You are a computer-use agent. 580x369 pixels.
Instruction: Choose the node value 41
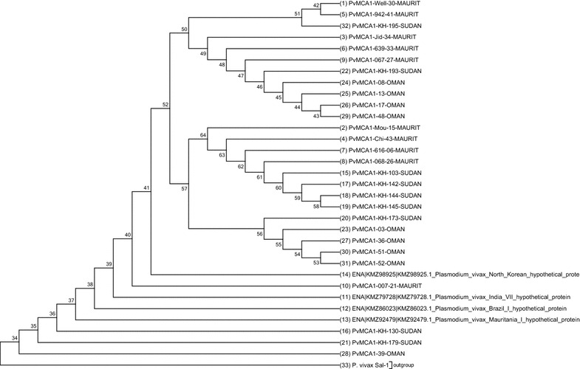pyautogui.click(x=146, y=187)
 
